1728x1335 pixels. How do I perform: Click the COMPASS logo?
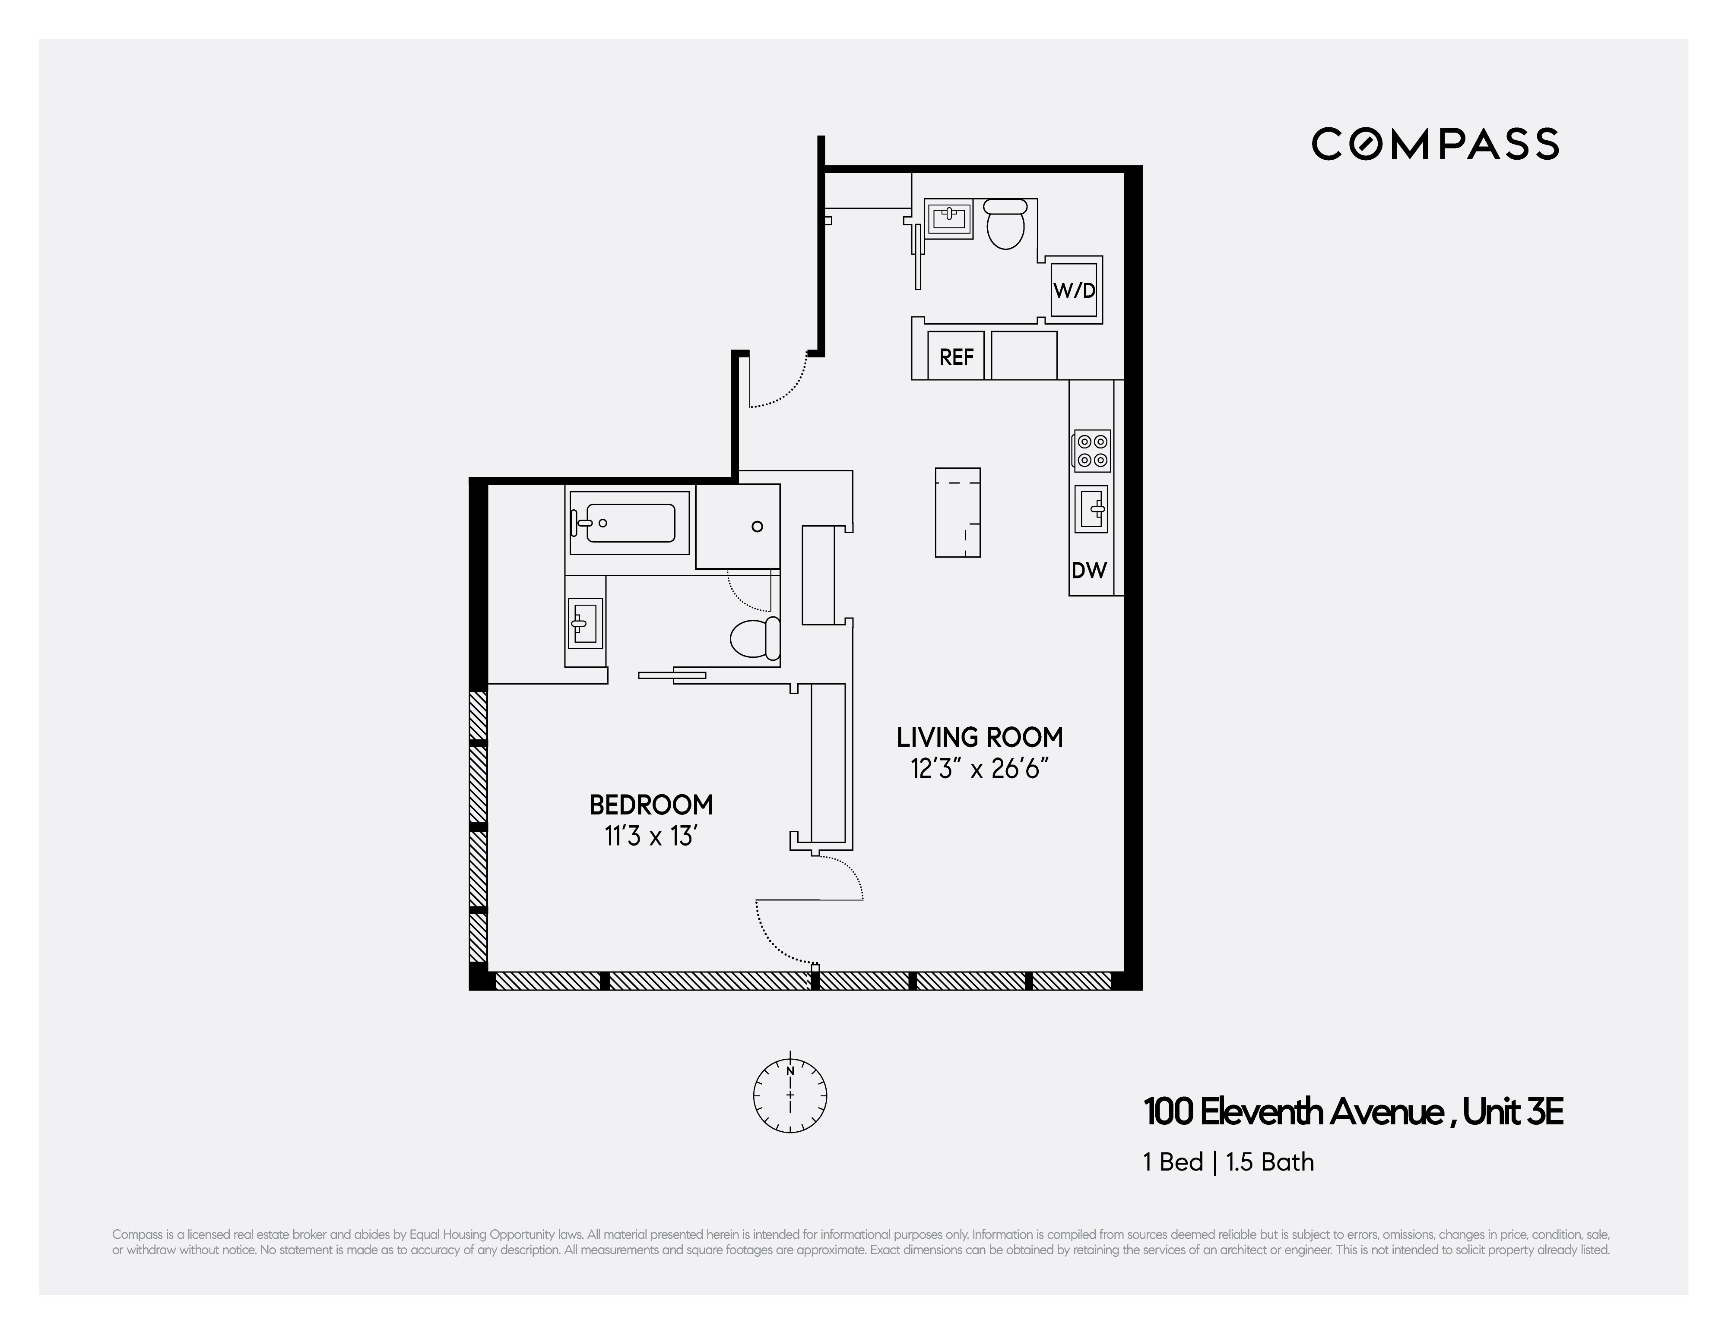(x=1434, y=144)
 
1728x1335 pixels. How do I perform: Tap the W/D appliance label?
(x=1074, y=290)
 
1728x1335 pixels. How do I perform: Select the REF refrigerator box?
(x=956, y=357)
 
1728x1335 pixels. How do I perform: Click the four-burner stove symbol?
(x=1092, y=451)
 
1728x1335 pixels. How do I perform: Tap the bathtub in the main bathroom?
(x=629, y=523)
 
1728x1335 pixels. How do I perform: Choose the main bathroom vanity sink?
(x=585, y=622)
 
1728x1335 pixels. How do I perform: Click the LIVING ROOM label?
(x=980, y=737)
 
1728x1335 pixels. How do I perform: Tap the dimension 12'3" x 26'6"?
(x=980, y=769)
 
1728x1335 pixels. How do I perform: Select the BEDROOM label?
(x=651, y=805)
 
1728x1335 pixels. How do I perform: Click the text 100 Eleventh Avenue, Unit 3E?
(x=1353, y=1112)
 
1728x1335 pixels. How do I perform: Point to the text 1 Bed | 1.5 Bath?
(x=1228, y=1162)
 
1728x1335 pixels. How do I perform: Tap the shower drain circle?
(x=757, y=527)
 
